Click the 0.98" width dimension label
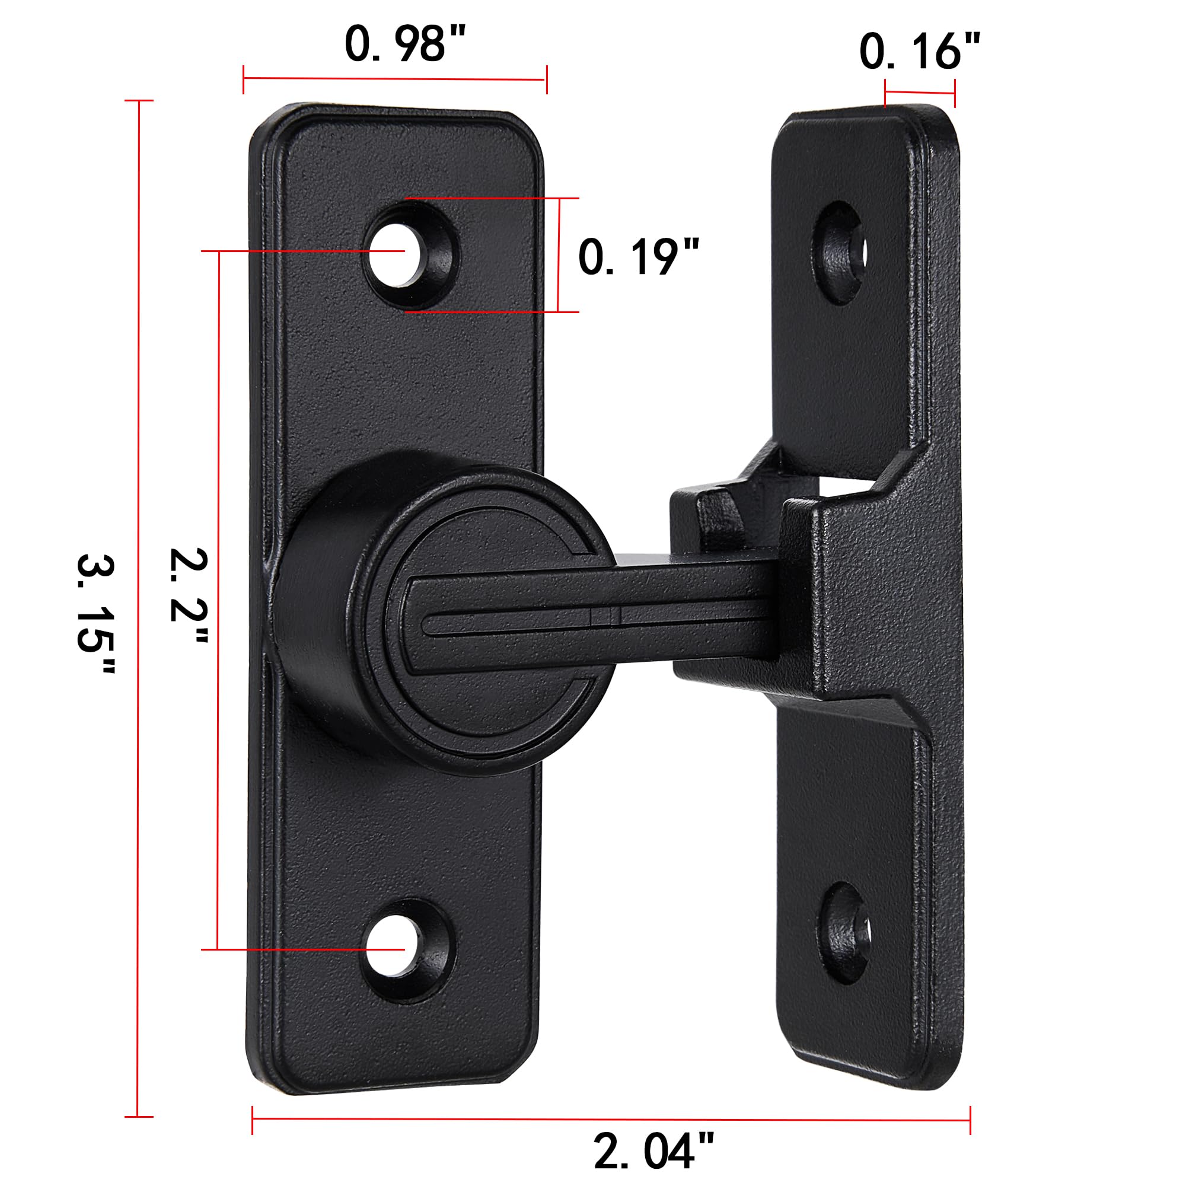[405, 44]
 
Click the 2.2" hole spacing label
[189, 594]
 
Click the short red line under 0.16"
[920, 93]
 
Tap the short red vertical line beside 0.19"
[558, 255]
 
